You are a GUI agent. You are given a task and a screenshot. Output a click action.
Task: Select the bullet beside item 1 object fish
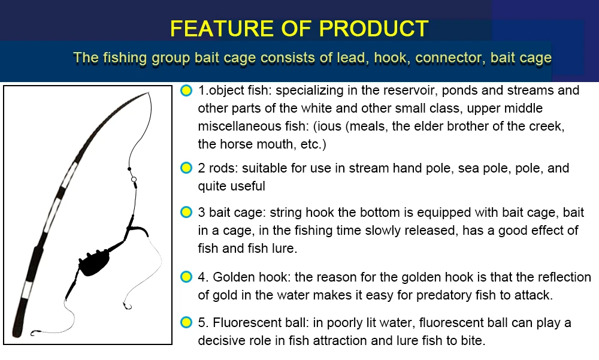pyautogui.click(x=186, y=90)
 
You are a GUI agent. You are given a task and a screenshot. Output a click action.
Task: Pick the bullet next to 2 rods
pyautogui.click(x=186, y=168)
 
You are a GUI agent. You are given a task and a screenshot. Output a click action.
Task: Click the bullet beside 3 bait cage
pyautogui.click(x=186, y=212)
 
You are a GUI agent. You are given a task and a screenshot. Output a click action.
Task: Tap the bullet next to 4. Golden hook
pyautogui.click(x=186, y=277)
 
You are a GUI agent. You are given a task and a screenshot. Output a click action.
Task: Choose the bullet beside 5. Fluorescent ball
pyautogui.click(x=186, y=322)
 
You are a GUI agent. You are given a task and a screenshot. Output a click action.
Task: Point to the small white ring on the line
pyautogui.click(x=134, y=179)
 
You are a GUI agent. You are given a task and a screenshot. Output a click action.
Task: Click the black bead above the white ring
pyautogui.click(x=129, y=169)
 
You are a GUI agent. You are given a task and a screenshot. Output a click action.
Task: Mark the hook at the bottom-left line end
pyautogui.click(x=35, y=333)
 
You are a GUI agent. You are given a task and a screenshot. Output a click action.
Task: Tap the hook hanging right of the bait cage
pyautogui.click(x=127, y=305)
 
